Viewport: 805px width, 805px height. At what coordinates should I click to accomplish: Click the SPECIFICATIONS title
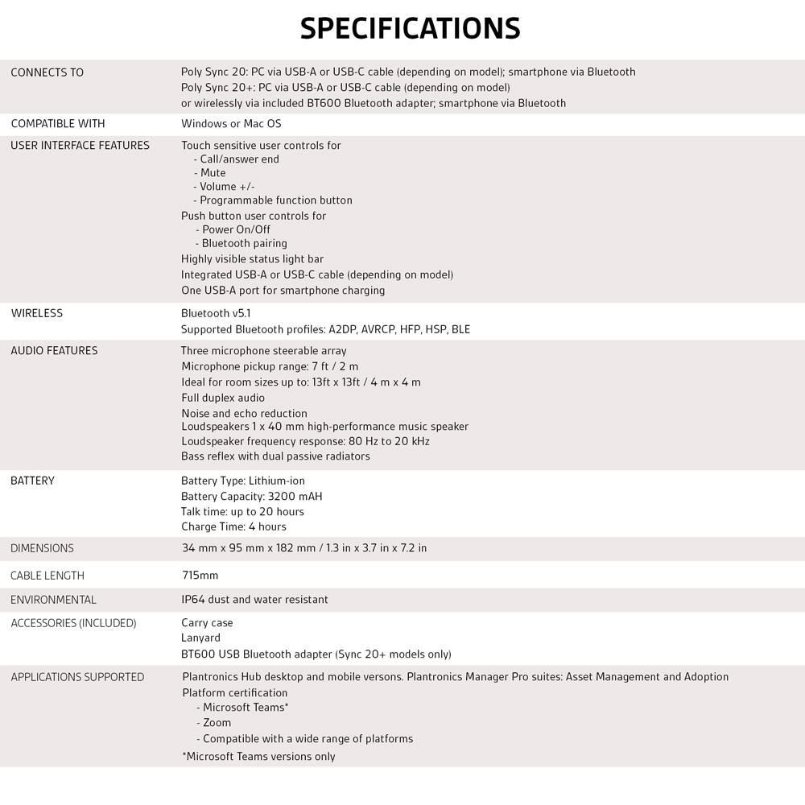(x=410, y=28)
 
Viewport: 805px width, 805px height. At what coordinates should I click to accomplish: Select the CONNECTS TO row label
(x=47, y=72)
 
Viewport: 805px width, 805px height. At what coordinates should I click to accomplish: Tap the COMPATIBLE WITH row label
(x=58, y=124)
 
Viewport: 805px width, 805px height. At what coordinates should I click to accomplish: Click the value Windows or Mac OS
(x=231, y=124)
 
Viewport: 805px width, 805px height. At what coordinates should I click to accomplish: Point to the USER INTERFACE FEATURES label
(x=80, y=146)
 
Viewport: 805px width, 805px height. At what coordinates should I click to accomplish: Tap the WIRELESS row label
(x=36, y=313)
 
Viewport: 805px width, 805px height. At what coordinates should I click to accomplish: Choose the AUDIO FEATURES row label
(x=54, y=351)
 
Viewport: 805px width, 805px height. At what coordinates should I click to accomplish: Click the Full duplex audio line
(x=223, y=398)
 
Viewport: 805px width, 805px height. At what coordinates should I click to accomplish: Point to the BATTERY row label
(x=32, y=481)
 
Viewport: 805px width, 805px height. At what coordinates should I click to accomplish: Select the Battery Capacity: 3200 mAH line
(x=251, y=497)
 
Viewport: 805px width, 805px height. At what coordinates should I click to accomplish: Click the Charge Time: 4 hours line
(x=233, y=526)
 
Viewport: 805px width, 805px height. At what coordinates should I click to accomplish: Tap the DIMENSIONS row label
(x=42, y=548)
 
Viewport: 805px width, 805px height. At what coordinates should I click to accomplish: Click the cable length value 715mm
(x=200, y=576)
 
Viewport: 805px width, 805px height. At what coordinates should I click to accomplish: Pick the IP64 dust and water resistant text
(x=254, y=600)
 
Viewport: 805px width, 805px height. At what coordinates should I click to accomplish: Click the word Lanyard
(x=200, y=638)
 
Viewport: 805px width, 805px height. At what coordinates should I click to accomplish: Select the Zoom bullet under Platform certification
(x=217, y=723)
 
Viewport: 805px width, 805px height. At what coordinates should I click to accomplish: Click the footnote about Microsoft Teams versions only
(x=258, y=757)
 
